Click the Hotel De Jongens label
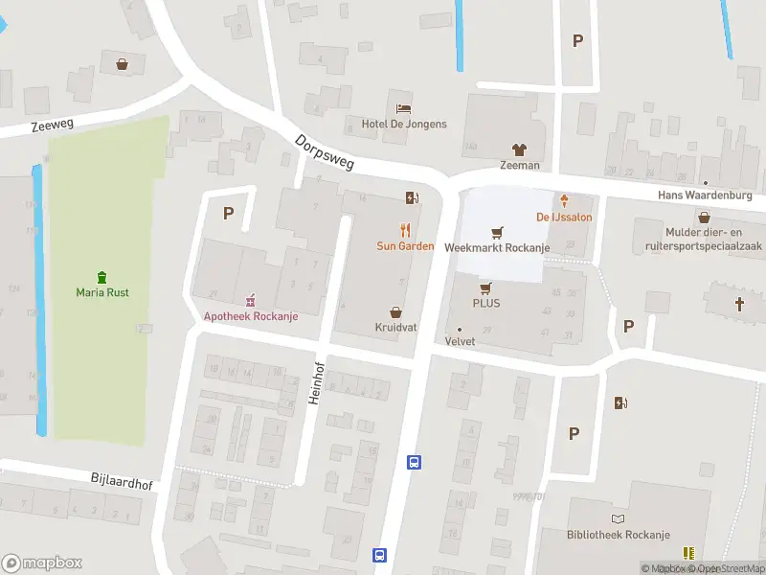point(404,125)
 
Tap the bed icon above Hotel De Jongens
point(404,107)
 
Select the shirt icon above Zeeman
point(519,149)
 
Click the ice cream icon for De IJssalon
point(565,200)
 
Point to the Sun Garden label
point(405,246)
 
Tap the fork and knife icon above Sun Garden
point(406,229)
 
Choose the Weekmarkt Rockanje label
point(497,247)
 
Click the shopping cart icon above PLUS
point(485,287)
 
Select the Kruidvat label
point(395,328)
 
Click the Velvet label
point(460,341)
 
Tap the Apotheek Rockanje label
point(251,317)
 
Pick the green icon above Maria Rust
point(102,276)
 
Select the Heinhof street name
point(313,382)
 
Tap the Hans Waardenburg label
point(705,195)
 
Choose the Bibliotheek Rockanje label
point(618,535)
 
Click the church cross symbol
point(739,304)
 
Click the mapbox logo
point(42,563)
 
